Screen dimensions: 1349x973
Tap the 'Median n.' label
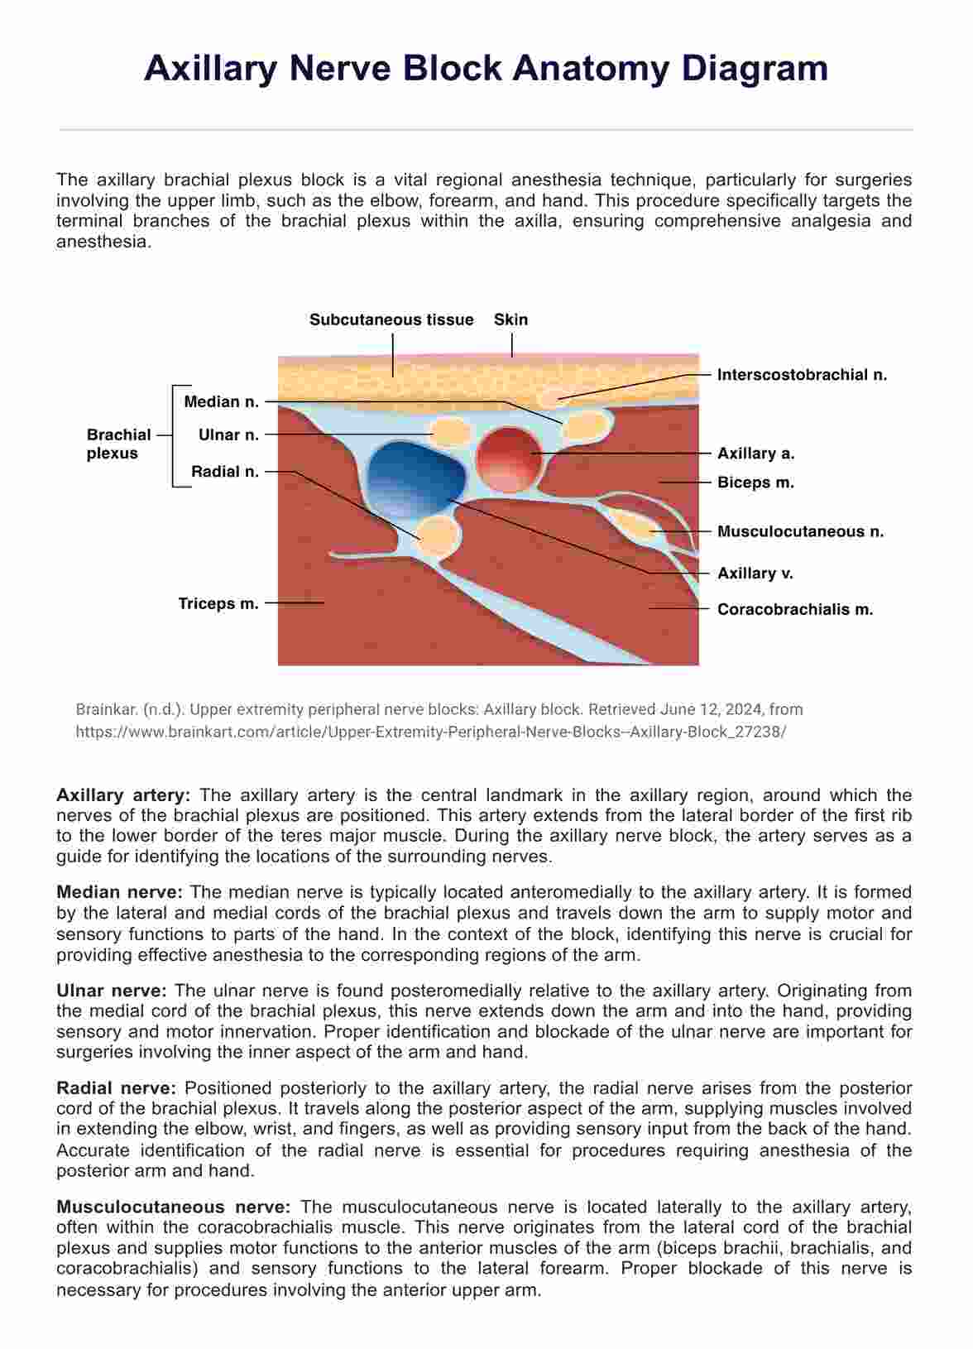[221, 402]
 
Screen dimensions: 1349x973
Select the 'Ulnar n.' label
[228, 434]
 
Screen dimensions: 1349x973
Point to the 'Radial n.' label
[225, 472]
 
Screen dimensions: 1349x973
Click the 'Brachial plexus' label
[118, 444]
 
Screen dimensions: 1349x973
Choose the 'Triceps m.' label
[218, 604]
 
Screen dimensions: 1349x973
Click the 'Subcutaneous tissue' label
[391, 320]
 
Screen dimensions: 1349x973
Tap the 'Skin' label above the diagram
[510, 320]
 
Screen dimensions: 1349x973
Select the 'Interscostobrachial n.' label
[802, 375]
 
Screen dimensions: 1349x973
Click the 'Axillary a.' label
[755, 454]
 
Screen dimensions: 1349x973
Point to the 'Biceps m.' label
[755, 482]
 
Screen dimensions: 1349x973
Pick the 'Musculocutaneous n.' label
[800, 532]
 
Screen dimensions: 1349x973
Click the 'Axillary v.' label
[755, 573]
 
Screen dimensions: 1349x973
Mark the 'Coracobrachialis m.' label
[795, 610]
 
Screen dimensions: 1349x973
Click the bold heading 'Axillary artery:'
[123, 795]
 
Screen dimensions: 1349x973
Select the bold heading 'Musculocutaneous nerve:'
[173, 1207]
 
